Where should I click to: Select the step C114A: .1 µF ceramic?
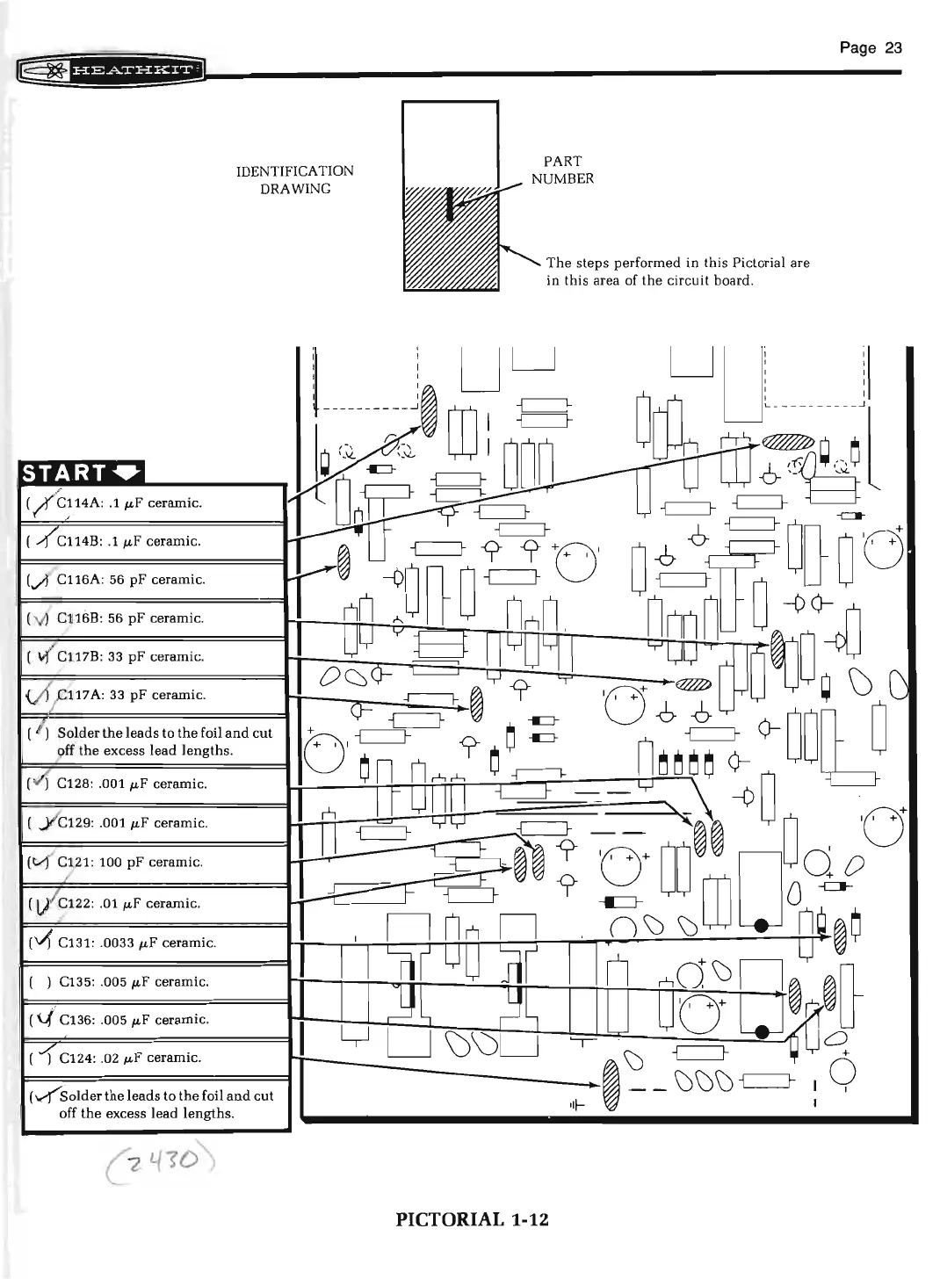pos(130,503)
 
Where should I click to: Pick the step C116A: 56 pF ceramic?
pos(131,580)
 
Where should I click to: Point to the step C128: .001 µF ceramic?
pos(132,784)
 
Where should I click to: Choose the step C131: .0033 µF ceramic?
pos(136,943)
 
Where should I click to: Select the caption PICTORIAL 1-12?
pos(472,1219)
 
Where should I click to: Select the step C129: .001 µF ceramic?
pos(133,823)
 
